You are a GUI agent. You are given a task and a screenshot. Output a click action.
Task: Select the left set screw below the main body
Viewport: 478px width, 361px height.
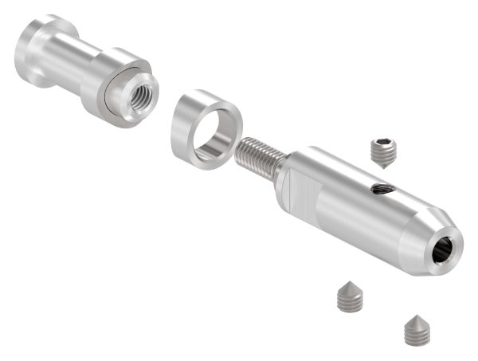349,296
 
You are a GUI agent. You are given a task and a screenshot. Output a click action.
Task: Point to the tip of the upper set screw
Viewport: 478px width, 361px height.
386,165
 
